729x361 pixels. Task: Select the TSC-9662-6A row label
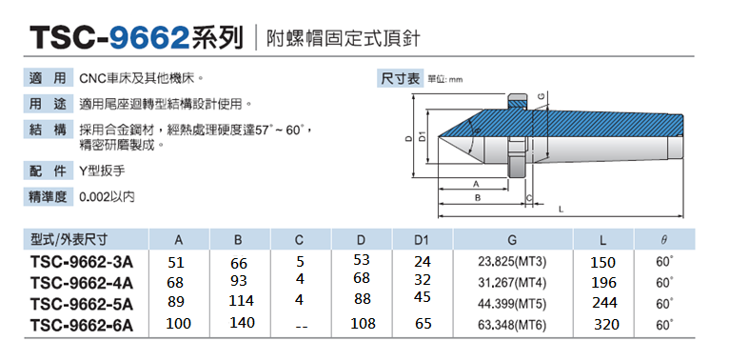tap(81, 325)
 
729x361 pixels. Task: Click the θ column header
tap(663, 239)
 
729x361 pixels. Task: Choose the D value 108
tap(364, 323)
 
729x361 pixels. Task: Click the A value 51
tap(175, 262)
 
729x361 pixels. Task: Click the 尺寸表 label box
tap(400, 78)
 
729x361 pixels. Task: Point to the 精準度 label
tap(48, 197)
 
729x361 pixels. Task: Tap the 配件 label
tap(48, 171)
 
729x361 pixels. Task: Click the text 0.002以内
tap(108, 197)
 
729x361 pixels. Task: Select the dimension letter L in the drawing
tap(562, 208)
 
